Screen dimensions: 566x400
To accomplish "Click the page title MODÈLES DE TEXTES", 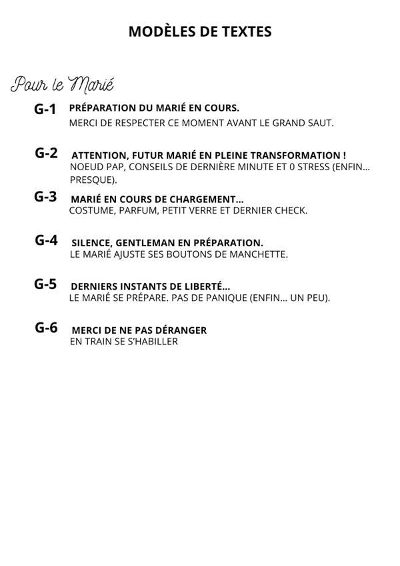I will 200,31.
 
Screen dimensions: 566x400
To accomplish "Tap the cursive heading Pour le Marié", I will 62,85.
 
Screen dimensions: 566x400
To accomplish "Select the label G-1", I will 46,109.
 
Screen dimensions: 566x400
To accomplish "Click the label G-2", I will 47,153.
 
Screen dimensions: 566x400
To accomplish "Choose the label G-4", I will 47,240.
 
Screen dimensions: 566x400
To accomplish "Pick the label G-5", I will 46,284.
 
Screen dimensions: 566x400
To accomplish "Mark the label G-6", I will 47,328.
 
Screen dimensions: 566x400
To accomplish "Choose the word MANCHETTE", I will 257,254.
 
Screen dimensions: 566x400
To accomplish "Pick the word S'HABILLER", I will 148,342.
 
